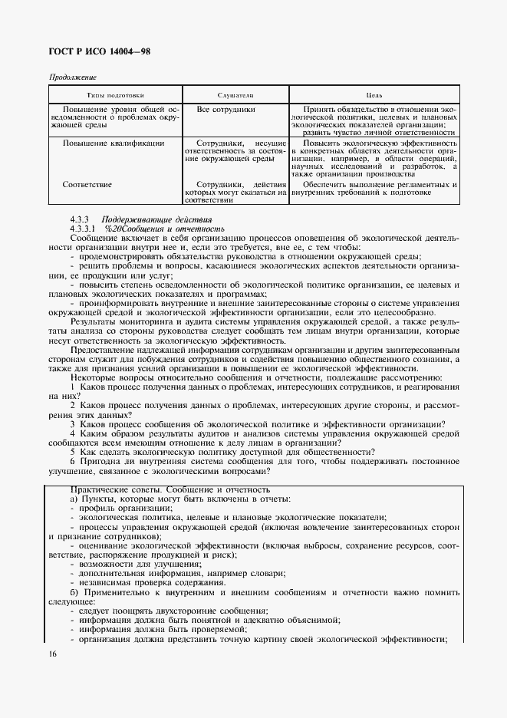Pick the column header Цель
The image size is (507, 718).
pyautogui.click(x=374, y=95)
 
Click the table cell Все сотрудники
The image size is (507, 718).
pyautogui.click(x=226, y=110)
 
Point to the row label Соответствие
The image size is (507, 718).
pyautogui.click(x=87, y=184)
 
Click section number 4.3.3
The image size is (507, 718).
pyautogui.click(x=80, y=219)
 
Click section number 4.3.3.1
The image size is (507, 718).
pyautogui.click(x=83, y=229)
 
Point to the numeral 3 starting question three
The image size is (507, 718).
pyautogui.click(x=73, y=424)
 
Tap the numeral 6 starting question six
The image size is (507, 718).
pyautogui.click(x=73, y=461)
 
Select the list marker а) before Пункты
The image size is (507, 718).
pyautogui.click(x=74, y=499)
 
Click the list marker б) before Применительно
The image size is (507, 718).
pyautogui.click(x=74, y=592)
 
